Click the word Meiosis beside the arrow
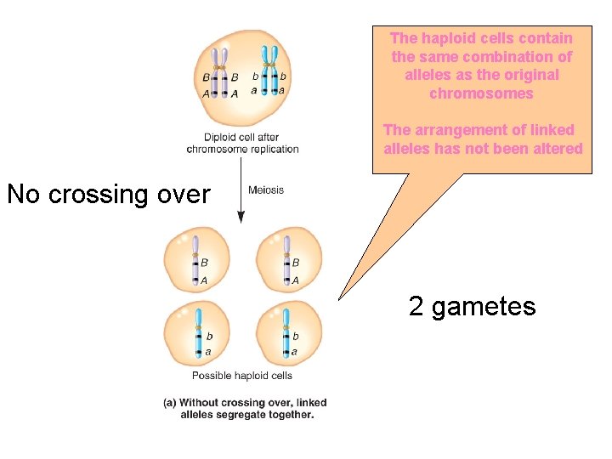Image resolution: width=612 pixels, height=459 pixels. pyautogui.click(x=266, y=190)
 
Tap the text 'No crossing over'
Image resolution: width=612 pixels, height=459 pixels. pyautogui.click(x=108, y=195)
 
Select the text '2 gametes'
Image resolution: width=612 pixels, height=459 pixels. pyautogui.click(x=472, y=306)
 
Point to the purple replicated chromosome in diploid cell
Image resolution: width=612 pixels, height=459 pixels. pyautogui.click(x=220, y=71)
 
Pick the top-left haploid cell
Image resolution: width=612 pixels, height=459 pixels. pyautogui.click(x=197, y=260)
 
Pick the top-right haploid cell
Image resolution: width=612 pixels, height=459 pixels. pyautogui.click(x=289, y=260)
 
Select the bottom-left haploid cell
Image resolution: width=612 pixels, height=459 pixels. pyautogui.click(x=197, y=333)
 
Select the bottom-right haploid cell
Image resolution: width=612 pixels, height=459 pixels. pyautogui.click(x=289, y=333)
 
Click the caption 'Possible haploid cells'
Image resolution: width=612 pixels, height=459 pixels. pyautogui.click(x=242, y=376)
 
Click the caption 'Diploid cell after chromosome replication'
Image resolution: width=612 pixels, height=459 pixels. pyautogui.click(x=243, y=143)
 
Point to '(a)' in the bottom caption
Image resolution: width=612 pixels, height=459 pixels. pyautogui.click(x=170, y=403)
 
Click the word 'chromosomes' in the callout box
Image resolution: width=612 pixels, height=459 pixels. pyautogui.click(x=481, y=93)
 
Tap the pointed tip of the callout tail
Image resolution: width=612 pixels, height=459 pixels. pyautogui.click(x=339, y=299)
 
